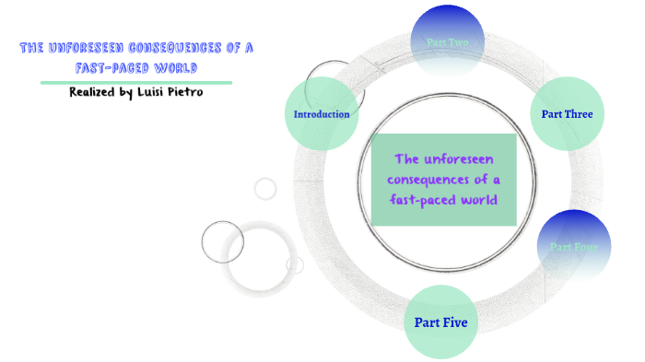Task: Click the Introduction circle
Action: point(321,114)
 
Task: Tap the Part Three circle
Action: point(567,114)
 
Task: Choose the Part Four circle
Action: point(574,247)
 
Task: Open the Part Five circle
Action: point(440,322)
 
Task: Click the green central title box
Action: point(443,180)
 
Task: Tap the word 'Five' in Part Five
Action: point(454,322)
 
